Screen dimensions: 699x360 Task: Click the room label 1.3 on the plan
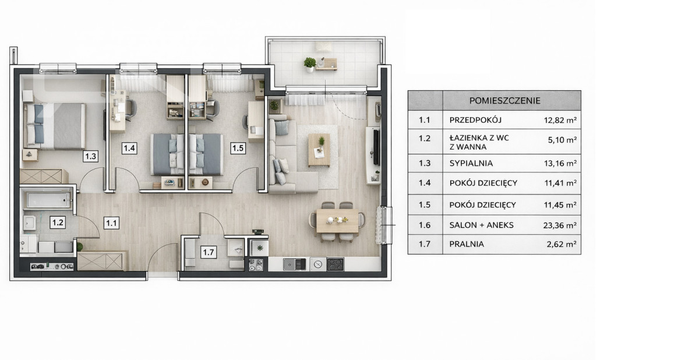[90, 156]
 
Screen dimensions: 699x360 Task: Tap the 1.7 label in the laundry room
[209, 252]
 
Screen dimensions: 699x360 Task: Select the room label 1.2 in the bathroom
[58, 223]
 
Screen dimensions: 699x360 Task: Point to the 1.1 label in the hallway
[111, 223]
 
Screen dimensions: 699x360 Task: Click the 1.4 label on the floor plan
[129, 148]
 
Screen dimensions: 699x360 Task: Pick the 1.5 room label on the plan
[238, 148]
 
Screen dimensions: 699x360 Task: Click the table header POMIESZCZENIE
[505, 101]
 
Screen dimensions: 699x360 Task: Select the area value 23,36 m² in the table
[560, 225]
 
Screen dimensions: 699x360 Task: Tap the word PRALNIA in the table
[467, 244]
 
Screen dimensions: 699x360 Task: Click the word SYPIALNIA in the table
[471, 163]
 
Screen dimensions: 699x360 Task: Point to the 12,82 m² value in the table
[560, 120]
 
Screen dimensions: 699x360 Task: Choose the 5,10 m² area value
[562, 140]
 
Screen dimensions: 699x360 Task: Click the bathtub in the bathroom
[48, 200]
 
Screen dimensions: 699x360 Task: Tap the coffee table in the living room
[319, 150]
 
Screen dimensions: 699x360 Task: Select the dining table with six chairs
[337, 221]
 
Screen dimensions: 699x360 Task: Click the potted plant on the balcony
[309, 65]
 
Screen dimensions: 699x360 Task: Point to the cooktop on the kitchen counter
[335, 264]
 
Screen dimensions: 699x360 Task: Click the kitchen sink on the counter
[295, 264]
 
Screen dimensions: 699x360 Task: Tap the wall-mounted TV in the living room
[376, 147]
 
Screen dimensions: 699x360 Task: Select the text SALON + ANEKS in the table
[481, 225]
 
